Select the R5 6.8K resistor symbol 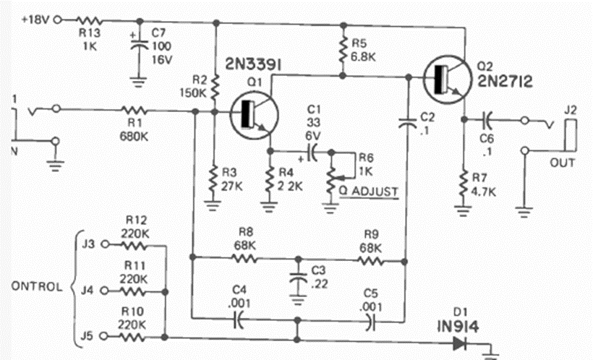[x=341, y=50]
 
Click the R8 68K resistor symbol [x=244, y=257]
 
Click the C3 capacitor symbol [x=297, y=275]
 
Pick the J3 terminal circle [x=106, y=244]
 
